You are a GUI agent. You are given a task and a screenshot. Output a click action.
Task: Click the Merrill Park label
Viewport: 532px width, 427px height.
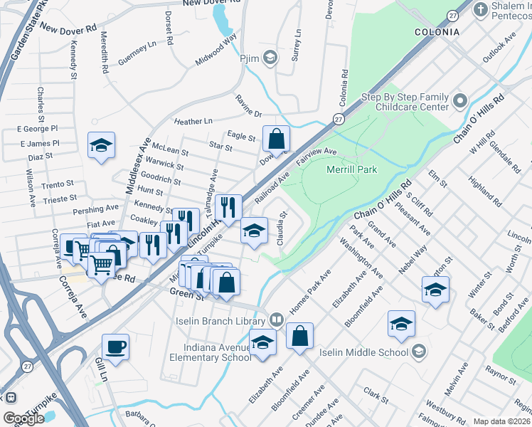click(351, 169)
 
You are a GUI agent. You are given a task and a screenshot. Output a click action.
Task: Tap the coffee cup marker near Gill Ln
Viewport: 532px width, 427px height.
click(115, 347)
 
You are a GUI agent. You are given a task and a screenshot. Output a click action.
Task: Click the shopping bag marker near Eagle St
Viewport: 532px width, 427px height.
click(276, 138)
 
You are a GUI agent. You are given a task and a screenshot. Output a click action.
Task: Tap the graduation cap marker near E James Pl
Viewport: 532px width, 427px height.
click(101, 146)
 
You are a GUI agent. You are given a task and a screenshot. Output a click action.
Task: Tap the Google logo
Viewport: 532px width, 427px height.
click(23, 418)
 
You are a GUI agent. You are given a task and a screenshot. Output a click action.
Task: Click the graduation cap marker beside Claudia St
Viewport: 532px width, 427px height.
click(254, 231)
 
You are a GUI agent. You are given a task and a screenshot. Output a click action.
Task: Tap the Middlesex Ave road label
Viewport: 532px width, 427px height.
click(135, 166)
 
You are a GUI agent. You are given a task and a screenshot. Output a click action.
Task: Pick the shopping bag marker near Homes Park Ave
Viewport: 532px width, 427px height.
click(299, 335)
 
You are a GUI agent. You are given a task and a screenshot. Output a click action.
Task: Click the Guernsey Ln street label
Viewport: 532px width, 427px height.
click(137, 53)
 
